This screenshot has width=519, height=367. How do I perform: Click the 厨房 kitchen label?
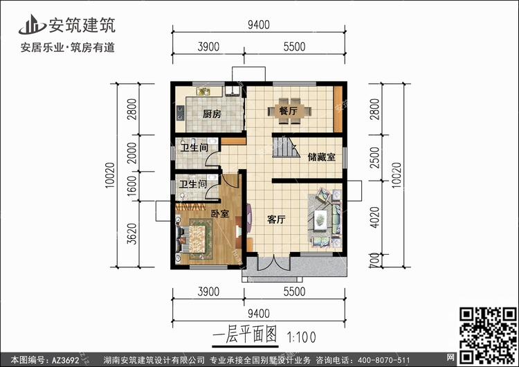click(x=212, y=114)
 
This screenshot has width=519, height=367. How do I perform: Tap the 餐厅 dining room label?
click(x=288, y=111)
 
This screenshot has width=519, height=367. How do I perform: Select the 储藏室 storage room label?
click(x=321, y=156)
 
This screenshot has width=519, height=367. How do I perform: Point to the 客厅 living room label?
click(x=276, y=220)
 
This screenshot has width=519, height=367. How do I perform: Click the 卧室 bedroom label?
click(x=220, y=214)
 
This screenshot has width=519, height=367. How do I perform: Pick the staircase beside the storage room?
click(x=286, y=147)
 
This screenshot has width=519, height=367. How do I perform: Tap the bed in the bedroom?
click(x=194, y=239)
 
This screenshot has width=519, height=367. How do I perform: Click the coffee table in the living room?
click(x=320, y=219)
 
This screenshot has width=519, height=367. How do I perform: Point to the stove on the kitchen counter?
click(x=181, y=113)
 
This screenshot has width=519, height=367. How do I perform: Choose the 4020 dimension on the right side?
click(x=374, y=217)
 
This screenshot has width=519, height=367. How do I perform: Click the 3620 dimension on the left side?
click(x=132, y=234)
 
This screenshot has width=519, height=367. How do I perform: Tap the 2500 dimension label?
click(x=374, y=158)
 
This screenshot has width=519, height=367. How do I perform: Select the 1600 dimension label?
click(x=132, y=186)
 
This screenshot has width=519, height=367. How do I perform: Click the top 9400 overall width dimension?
click(x=259, y=25)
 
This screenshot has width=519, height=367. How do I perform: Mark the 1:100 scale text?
click(x=301, y=337)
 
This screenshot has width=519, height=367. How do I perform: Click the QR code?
click(x=488, y=336)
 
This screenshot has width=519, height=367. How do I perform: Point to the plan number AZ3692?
click(x=66, y=360)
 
